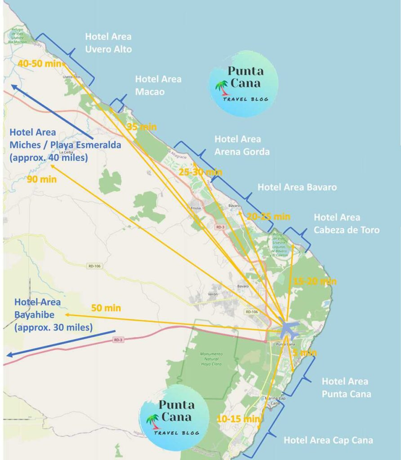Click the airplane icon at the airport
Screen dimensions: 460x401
(x=288, y=329)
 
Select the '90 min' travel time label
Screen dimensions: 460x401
(x=42, y=180)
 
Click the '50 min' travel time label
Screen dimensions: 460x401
(x=106, y=308)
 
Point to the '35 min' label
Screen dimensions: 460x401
(x=141, y=127)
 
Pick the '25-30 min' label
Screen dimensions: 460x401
(x=200, y=172)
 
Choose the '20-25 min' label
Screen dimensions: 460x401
(x=268, y=217)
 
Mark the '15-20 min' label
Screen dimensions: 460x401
(x=315, y=282)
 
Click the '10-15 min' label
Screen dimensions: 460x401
(x=238, y=419)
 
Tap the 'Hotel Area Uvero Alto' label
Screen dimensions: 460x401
(x=108, y=43)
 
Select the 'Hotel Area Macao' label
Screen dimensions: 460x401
(x=158, y=85)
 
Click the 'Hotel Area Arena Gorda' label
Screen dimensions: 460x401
(x=242, y=146)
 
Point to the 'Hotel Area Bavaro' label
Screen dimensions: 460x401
(x=297, y=187)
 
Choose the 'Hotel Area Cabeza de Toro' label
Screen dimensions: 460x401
(x=346, y=224)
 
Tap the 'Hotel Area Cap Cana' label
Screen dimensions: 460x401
(x=328, y=440)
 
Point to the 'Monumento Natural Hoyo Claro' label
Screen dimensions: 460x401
(x=211, y=359)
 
